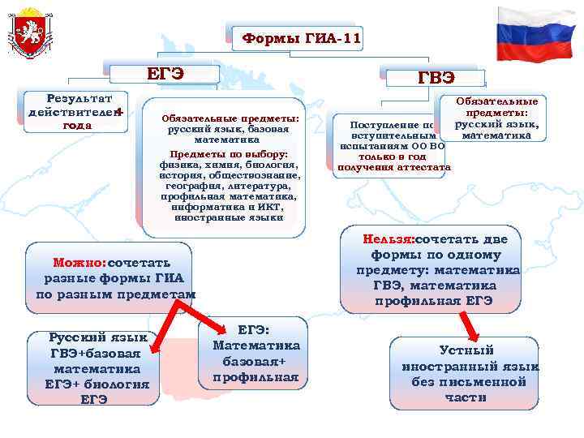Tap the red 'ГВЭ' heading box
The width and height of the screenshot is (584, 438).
tap(436, 77)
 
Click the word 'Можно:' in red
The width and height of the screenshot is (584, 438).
tap(79, 263)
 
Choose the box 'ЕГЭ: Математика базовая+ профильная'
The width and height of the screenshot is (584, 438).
tap(255, 353)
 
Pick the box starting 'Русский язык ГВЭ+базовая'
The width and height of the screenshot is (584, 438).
tap(98, 367)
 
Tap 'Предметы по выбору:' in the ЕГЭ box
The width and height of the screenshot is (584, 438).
tap(230, 154)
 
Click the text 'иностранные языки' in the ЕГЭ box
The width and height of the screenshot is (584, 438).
tap(230, 217)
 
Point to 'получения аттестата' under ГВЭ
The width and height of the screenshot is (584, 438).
tap(393, 167)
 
